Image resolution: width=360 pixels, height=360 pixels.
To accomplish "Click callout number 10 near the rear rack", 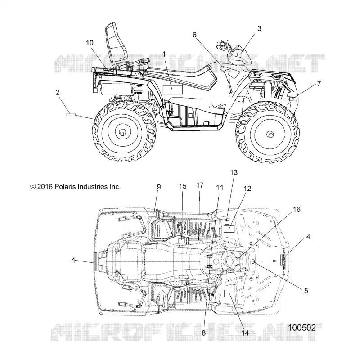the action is coord(90,43).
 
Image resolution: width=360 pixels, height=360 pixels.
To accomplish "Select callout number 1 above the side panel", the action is coord(164,54).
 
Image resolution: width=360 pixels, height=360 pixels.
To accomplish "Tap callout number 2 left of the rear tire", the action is coord(58,92).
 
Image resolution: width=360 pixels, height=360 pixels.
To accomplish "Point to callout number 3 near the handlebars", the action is coord(259,29).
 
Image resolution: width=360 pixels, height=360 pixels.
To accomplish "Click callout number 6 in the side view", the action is coord(194,35).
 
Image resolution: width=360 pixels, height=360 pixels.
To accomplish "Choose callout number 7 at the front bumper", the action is coord(319,84).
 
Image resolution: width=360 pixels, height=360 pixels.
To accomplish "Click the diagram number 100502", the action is coord(302,328).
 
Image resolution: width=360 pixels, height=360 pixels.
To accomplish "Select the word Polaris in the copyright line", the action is coord(65,187).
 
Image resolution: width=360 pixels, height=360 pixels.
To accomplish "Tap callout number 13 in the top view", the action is coord(234,172).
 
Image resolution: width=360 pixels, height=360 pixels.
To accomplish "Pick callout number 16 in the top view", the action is coord(297,209).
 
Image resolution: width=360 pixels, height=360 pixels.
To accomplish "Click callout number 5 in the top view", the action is coord(306,291).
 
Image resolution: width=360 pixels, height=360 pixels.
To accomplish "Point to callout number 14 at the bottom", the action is coord(245,333).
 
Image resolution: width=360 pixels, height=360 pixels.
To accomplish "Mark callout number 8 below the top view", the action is coord(204,333).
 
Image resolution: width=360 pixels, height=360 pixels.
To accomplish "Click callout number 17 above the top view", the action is coord(200,185).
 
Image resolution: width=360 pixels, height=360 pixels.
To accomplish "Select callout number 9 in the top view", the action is coord(159,187).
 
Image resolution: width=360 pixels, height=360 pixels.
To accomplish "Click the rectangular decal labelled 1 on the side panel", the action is coord(173,90).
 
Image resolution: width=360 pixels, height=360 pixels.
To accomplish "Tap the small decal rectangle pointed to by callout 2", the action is coord(71,115).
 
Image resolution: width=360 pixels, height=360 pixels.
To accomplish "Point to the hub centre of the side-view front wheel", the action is coord(270,134).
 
